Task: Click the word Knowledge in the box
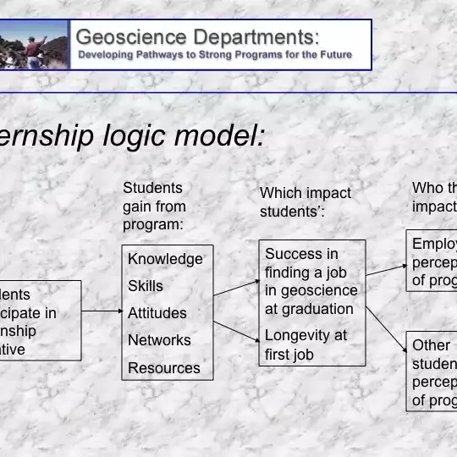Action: pos(165,259)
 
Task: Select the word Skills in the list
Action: pos(146,286)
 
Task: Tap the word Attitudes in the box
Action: pos(157,313)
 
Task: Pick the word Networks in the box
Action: pos(159,340)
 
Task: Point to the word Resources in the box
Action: pos(164,368)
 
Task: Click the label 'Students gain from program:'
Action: pos(155,206)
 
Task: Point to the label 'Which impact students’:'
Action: pos(305,202)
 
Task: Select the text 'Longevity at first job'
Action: pos(306,344)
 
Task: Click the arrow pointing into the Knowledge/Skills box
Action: pos(102,311)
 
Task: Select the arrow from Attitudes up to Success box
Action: pos(236,288)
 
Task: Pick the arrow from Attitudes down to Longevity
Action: pos(236,331)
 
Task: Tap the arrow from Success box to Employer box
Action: pos(386,269)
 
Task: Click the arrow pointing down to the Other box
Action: pos(385,328)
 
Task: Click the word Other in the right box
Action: pos(431,345)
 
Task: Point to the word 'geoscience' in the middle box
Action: pos(311,291)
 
